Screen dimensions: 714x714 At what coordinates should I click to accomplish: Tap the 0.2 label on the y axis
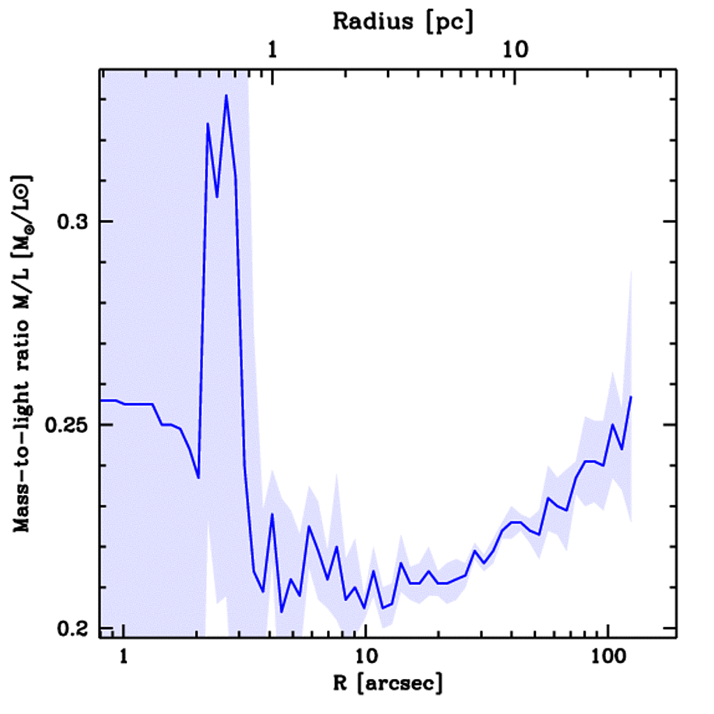(70, 628)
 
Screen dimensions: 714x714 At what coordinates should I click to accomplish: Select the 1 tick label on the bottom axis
(124, 657)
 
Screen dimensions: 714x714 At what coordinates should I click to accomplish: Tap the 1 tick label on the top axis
(273, 50)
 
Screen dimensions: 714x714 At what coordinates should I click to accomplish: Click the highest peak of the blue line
(227, 96)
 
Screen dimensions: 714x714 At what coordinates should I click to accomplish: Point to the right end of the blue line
(630, 397)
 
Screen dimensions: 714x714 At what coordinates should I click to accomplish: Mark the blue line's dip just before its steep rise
(199, 478)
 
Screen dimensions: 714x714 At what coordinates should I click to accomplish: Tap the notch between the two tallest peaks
(218, 197)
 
